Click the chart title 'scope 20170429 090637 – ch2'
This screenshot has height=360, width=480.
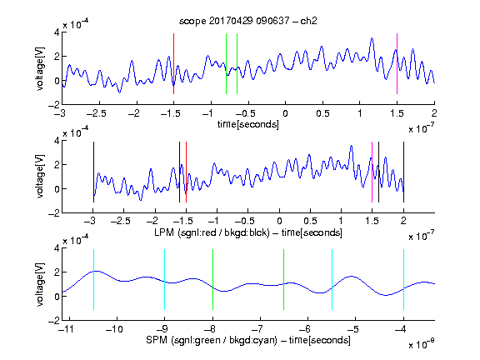pos(248,21)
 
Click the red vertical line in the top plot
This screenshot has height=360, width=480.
pos(173,63)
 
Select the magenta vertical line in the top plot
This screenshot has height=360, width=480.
pos(397,63)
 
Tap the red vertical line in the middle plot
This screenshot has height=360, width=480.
pos(186,172)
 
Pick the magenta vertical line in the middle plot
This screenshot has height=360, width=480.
pos(372,172)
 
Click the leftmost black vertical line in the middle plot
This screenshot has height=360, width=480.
pos(93,172)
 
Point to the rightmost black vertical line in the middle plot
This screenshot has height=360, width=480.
pos(403,172)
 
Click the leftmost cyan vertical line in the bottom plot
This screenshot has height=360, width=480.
pos(93,279)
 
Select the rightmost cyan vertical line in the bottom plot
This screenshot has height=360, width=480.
pos(403,279)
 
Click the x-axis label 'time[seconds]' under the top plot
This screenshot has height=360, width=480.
pos(248,124)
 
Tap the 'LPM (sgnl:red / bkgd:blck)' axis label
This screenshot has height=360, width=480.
pos(212,232)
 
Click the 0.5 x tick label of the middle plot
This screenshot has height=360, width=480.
pos(310,221)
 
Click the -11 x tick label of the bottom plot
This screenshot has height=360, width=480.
pos(66,329)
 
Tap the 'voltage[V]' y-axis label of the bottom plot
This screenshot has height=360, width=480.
pos(40,284)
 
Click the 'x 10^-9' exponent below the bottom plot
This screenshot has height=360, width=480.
pos(422,344)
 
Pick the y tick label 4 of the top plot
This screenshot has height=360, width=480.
pos(57,32)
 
